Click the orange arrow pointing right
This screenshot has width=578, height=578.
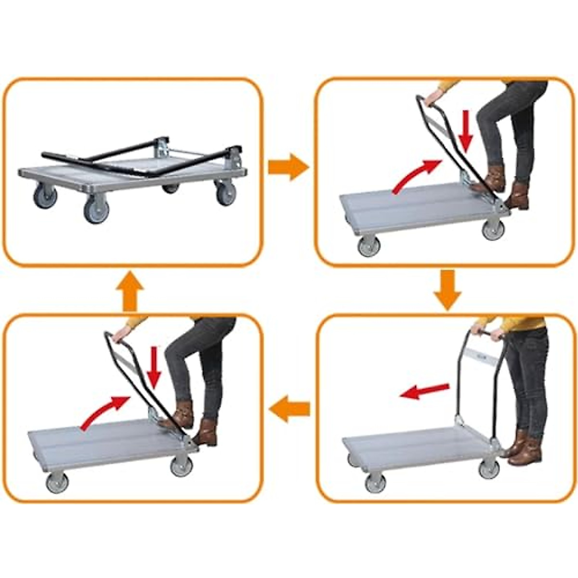tap(288, 167)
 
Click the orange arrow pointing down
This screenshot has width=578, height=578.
tap(447, 289)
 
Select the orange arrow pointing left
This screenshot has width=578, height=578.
tap(289, 409)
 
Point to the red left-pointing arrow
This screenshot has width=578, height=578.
tap(424, 391)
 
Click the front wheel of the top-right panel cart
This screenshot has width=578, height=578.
tap(369, 246)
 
